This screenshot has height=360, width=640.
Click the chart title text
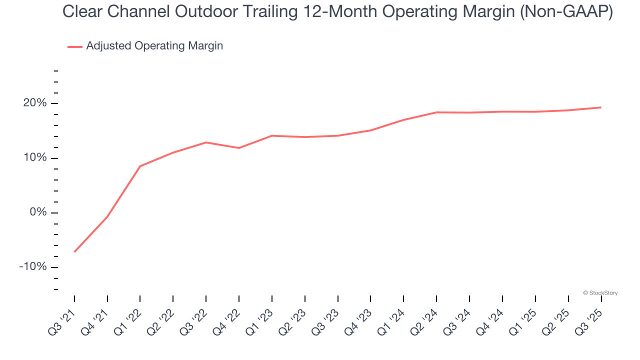337,12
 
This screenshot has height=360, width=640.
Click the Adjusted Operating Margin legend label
154,46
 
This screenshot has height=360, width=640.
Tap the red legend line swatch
75,46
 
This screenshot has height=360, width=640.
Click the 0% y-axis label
38,212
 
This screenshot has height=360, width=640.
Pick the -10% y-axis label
33,267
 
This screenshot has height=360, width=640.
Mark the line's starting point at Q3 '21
74,251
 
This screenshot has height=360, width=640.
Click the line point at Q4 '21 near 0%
107,216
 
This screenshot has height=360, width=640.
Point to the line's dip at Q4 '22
239,148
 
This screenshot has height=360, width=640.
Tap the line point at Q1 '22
140,166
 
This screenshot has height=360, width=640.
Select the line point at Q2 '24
436,112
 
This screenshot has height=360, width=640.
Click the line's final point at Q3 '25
600,107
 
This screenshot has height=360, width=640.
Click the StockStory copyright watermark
600,293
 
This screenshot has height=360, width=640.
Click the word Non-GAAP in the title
566,12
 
